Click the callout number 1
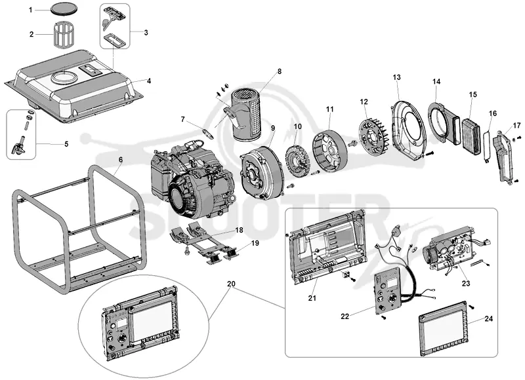31,10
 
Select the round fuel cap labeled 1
64,9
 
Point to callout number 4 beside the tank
149,81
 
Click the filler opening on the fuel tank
64,77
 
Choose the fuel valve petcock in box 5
19,147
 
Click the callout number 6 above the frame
121,160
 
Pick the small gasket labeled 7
209,133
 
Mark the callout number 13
397,77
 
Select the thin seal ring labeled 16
487,146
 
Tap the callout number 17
517,126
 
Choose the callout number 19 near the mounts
255,243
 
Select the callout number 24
489,318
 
